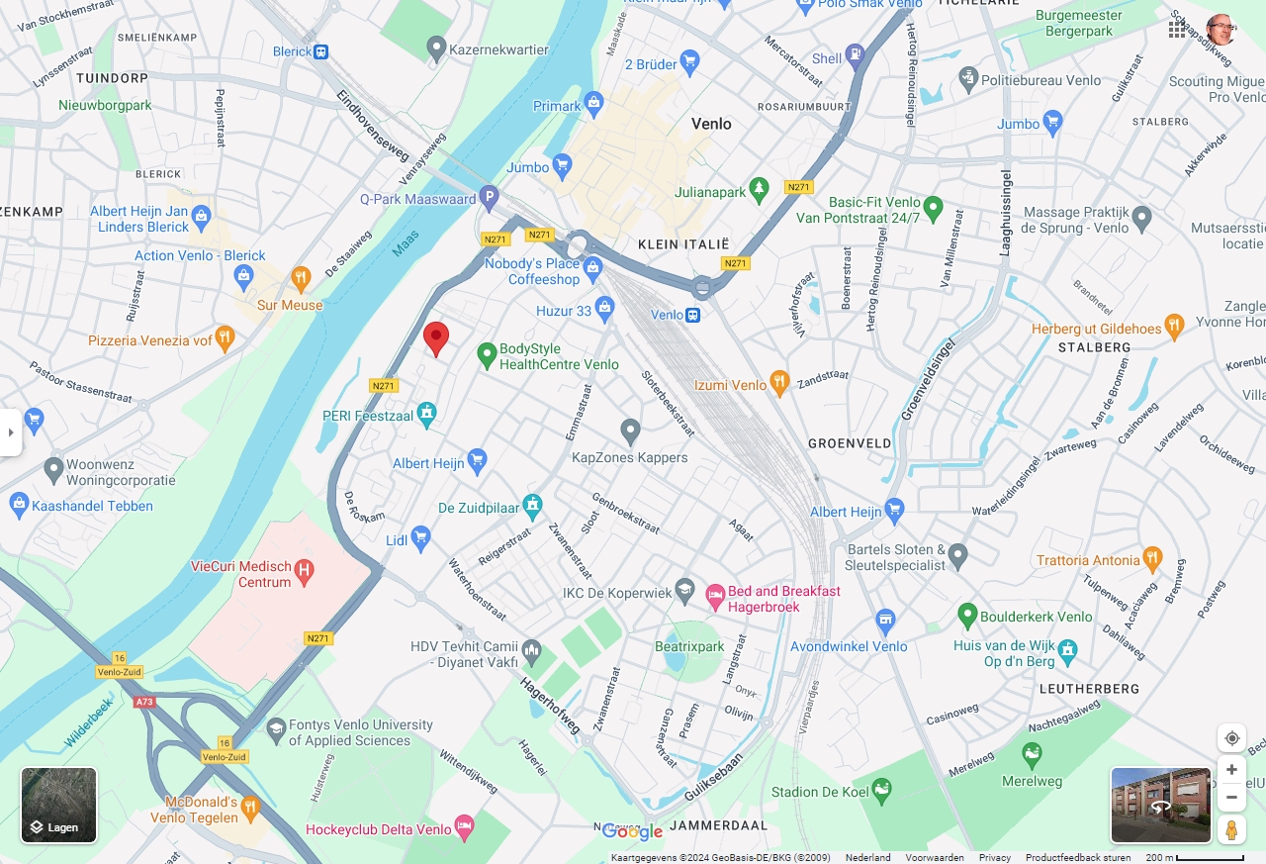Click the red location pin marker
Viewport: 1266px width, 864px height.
436,337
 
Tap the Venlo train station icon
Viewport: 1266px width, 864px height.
693,315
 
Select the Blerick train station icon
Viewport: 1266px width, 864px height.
320,51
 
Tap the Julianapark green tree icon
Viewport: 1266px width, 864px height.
759,188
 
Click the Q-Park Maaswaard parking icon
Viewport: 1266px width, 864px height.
488,199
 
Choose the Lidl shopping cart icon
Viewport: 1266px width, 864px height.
421,539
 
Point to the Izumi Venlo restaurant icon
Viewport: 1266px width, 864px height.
779,382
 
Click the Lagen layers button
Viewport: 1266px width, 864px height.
59,805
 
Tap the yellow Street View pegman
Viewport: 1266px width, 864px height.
1231,829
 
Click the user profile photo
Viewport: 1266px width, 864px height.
1221,30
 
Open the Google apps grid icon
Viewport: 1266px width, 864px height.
1177,30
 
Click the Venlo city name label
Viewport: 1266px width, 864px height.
711,124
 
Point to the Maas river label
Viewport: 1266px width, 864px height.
406,243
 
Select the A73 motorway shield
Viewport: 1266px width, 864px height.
145,702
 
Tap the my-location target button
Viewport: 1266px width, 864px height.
1231,738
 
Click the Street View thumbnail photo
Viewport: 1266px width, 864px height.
1160,805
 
